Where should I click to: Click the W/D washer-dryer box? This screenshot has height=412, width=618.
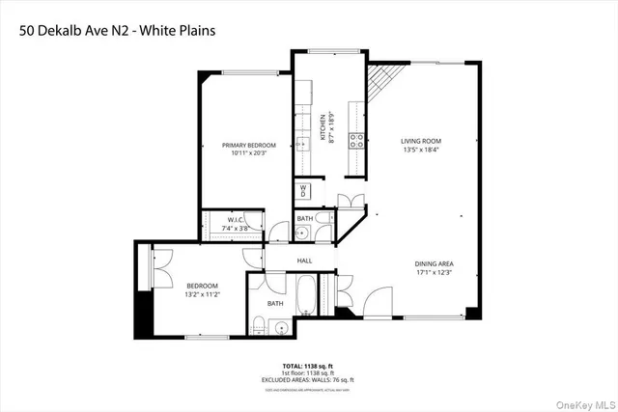coord(303,190)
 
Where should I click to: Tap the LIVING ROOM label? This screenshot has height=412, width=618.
coord(422,142)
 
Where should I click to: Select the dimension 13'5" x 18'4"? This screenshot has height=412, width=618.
coord(422,151)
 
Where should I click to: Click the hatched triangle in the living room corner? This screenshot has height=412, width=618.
coord(379,84)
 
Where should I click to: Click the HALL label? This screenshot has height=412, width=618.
coord(304,261)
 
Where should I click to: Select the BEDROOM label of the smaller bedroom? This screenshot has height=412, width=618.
coord(203,285)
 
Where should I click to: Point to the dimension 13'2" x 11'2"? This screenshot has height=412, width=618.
coord(203,293)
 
